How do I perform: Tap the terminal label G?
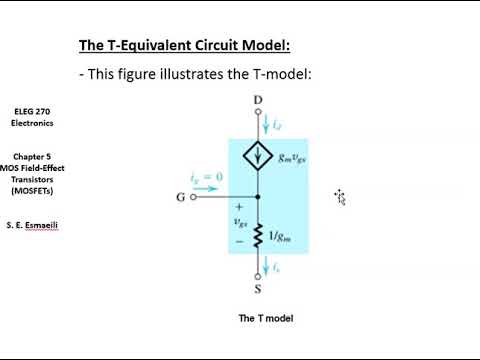[x=180, y=198]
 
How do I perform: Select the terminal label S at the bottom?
[x=258, y=292]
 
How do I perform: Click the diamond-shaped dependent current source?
[x=258, y=157]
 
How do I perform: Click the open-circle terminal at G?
[x=193, y=197]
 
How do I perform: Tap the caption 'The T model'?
[x=265, y=318]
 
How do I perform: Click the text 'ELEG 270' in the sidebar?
[x=33, y=111]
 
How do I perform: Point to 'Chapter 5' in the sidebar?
[x=33, y=157]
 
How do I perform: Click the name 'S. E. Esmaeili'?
[x=33, y=225]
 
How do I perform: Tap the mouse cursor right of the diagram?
[x=340, y=196]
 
